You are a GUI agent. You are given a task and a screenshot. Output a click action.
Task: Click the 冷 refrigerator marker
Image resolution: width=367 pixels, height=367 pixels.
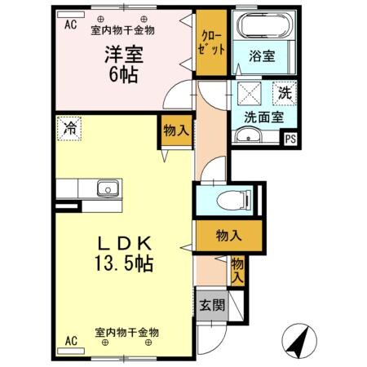[71, 127]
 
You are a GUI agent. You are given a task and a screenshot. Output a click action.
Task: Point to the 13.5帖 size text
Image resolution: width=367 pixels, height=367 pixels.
[123, 263]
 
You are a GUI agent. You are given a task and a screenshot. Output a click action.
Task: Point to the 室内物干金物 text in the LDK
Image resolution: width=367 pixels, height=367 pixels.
[126, 333]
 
